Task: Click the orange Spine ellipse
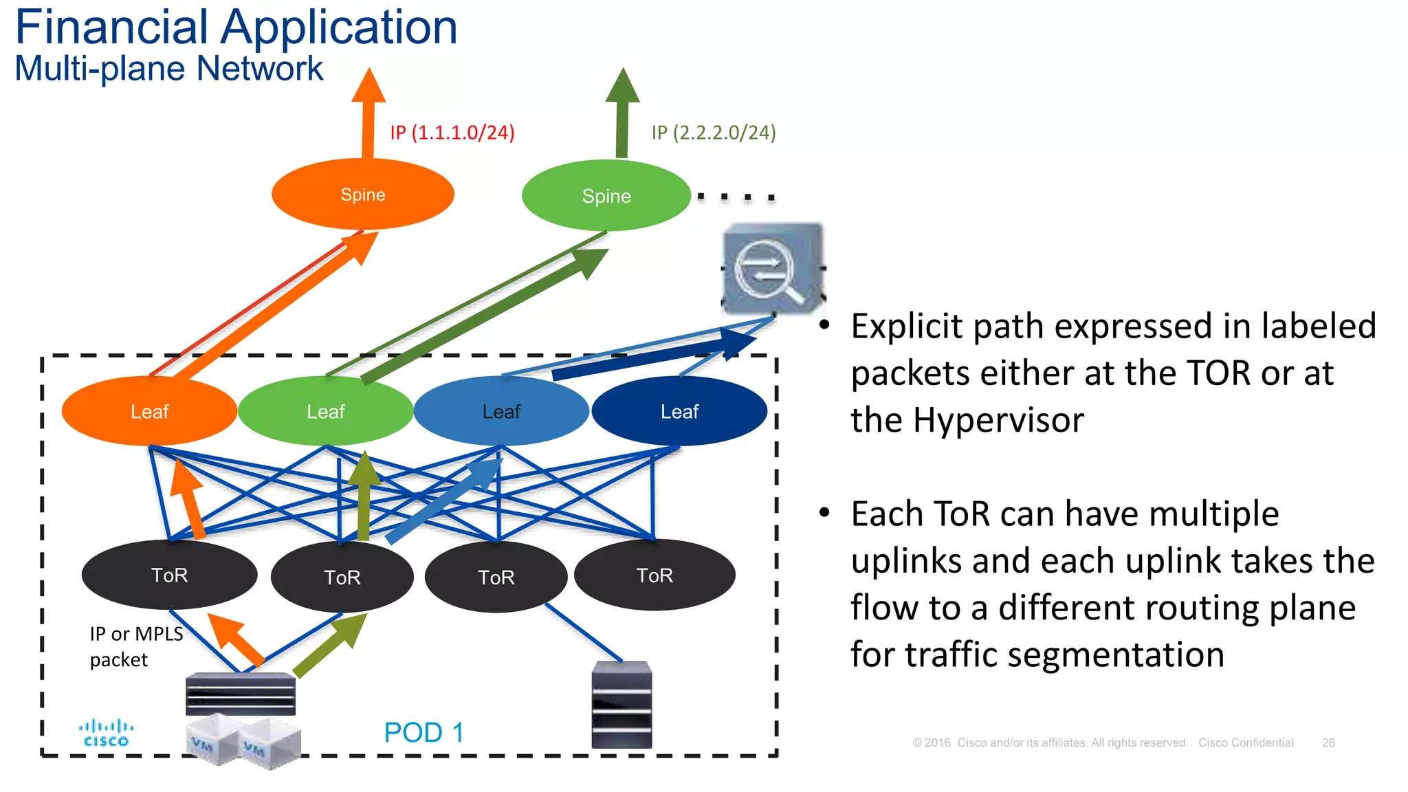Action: [x=362, y=195]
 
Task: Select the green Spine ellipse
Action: [x=606, y=196]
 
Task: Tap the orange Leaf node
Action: [x=149, y=411]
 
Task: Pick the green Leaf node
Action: [x=325, y=411]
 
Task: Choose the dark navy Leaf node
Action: [x=679, y=411]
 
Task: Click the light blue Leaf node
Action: [x=501, y=411]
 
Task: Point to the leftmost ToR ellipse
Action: [x=169, y=575]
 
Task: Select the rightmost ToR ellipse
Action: [x=654, y=575]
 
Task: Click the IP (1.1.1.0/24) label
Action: [x=452, y=132]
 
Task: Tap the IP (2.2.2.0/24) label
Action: [x=714, y=132]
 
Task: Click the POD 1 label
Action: [x=423, y=732]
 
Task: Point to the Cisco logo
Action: [x=106, y=733]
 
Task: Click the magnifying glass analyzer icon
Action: [x=773, y=269]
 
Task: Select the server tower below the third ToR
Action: [x=621, y=705]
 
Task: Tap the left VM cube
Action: [x=211, y=741]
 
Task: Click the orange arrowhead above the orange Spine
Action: [x=369, y=86]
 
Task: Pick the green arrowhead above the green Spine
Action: [x=623, y=86]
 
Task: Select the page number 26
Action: [x=1328, y=742]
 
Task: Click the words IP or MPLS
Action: [x=136, y=634]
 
